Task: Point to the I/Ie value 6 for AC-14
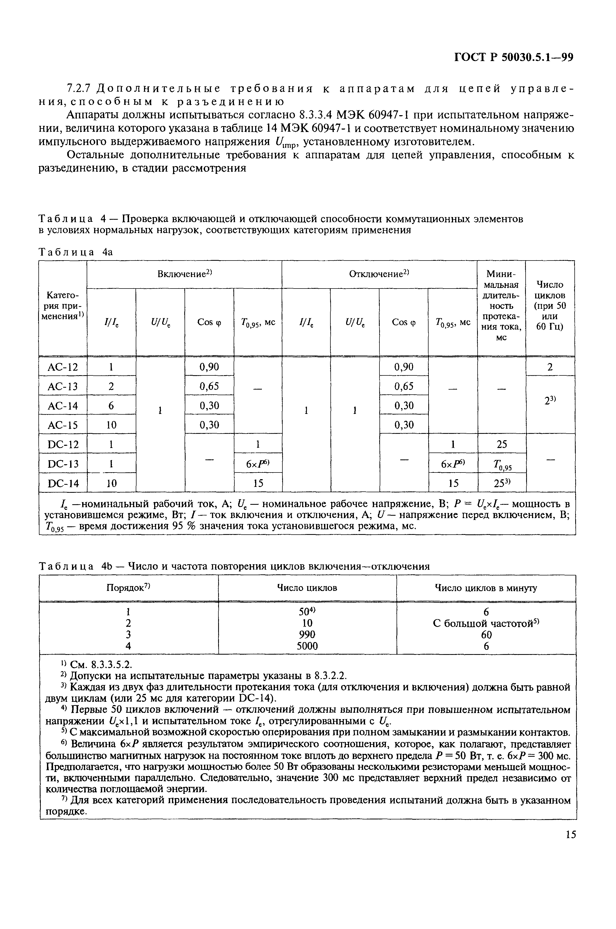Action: tap(111, 405)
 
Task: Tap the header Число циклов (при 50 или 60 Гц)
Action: tap(550, 305)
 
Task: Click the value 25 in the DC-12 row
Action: tap(501, 444)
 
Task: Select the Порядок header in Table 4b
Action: tap(129, 588)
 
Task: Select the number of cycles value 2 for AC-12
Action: tap(550, 367)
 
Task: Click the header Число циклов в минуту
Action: tap(486, 588)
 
